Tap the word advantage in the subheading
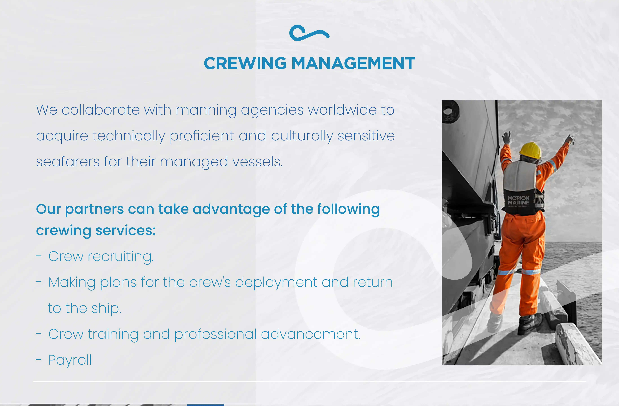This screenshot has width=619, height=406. click(x=231, y=209)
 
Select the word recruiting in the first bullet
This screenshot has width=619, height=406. click(x=121, y=257)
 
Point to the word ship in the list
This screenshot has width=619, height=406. click(x=106, y=308)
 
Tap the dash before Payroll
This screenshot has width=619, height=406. click(x=39, y=360)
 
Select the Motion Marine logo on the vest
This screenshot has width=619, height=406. click(x=519, y=201)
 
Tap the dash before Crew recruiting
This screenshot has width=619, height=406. click(x=39, y=256)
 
